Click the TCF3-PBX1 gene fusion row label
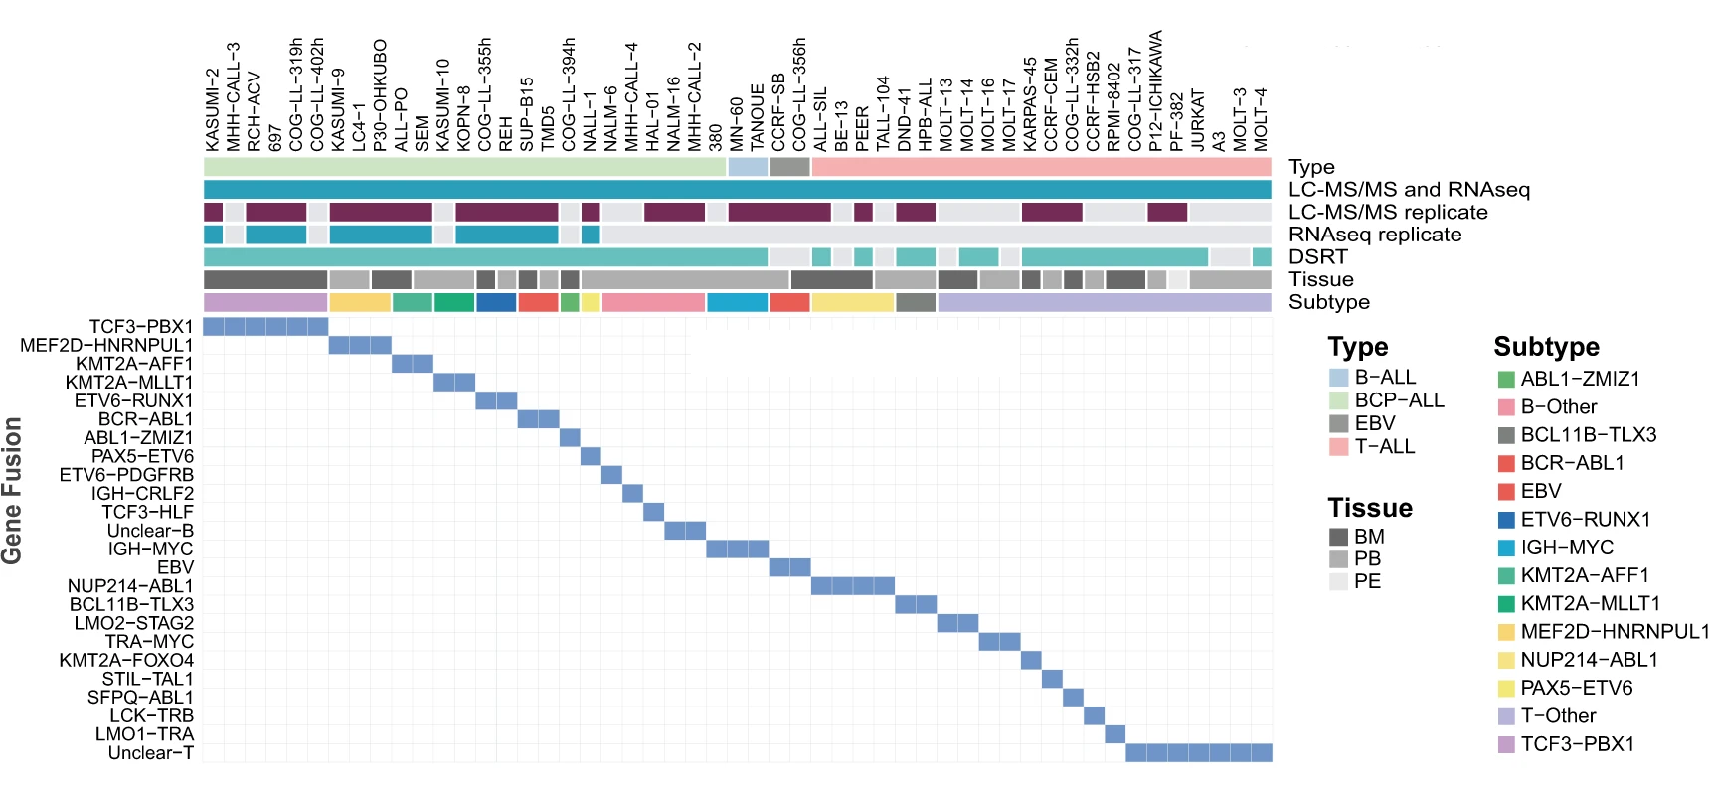tap(141, 327)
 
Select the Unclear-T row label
tap(150, 753)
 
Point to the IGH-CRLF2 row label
tap(142, 494)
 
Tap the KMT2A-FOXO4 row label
tap(126, 661)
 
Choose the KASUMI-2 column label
tap(213, 109)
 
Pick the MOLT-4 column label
tap(1262, 119)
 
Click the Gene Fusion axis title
tap(12, 491)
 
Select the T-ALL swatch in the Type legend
tap(1338, 447)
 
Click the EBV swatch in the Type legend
tap(1338, 424)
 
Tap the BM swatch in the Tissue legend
tap(1338, 537)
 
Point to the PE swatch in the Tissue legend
tap(1338, 582)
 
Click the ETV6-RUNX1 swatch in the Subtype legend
tap(1506, 520)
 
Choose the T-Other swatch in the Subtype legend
tap(1506, 716)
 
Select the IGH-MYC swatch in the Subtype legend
tap(1506, 548)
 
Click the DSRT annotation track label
tap(1317, 257)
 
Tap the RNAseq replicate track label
tap(1374, 235)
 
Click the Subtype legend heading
tap(1546, 347)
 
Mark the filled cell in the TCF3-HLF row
tap(653, 512)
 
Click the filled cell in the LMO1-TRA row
tap(1114, 734)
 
